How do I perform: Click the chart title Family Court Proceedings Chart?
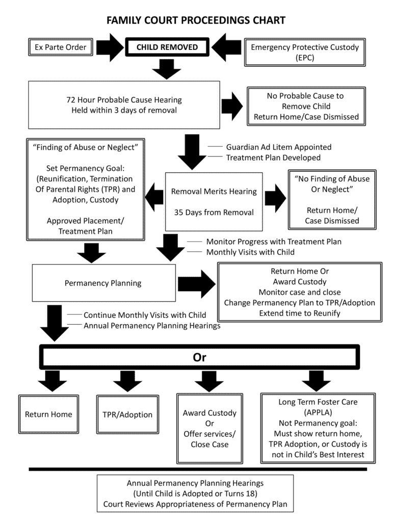pyautogui.click(x=196, y=20)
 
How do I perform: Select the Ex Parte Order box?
pyautogui.click(x=61, y=47)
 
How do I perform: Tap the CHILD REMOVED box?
pyautogui.click(x=167, y=47)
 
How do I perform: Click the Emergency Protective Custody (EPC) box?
pyautogui.click(x=305, y=52)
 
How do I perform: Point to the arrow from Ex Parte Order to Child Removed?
pyautogui.click(x=110, y=47)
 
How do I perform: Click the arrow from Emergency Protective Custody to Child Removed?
pyautogui.click(x=226, y=47)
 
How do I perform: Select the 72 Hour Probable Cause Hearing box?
pyautogui.click(x=124, y=105)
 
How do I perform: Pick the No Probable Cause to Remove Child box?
pyautogui.click(x=306, y=106)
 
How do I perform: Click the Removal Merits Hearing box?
pyautogui.click(x=214, y=202)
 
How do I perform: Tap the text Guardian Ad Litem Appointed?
pyautogui.click(x=279, y=147)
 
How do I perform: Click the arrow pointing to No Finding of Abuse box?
pyautogui.click(x=275, y=198)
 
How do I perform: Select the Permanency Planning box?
pyautogui.click(x=104, y=283)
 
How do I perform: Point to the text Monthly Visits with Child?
pyautogui.click(x=250, y=252)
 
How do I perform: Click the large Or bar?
pyautogui.click(x=199, y=357)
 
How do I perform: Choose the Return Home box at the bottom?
pyautogui.click(x=48, y=414)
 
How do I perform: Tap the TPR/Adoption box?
pyautogui.click(x=127, y=414)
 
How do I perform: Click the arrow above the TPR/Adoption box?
pyautogui.click(x=127, y=381)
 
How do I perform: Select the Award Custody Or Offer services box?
pyautogui.click(x=210, y=429)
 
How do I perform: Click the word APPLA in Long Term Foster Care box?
pyautogui.click(x=318, y=412)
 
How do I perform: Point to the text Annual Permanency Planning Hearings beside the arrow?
pyautogui.click(x=152, y=325)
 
